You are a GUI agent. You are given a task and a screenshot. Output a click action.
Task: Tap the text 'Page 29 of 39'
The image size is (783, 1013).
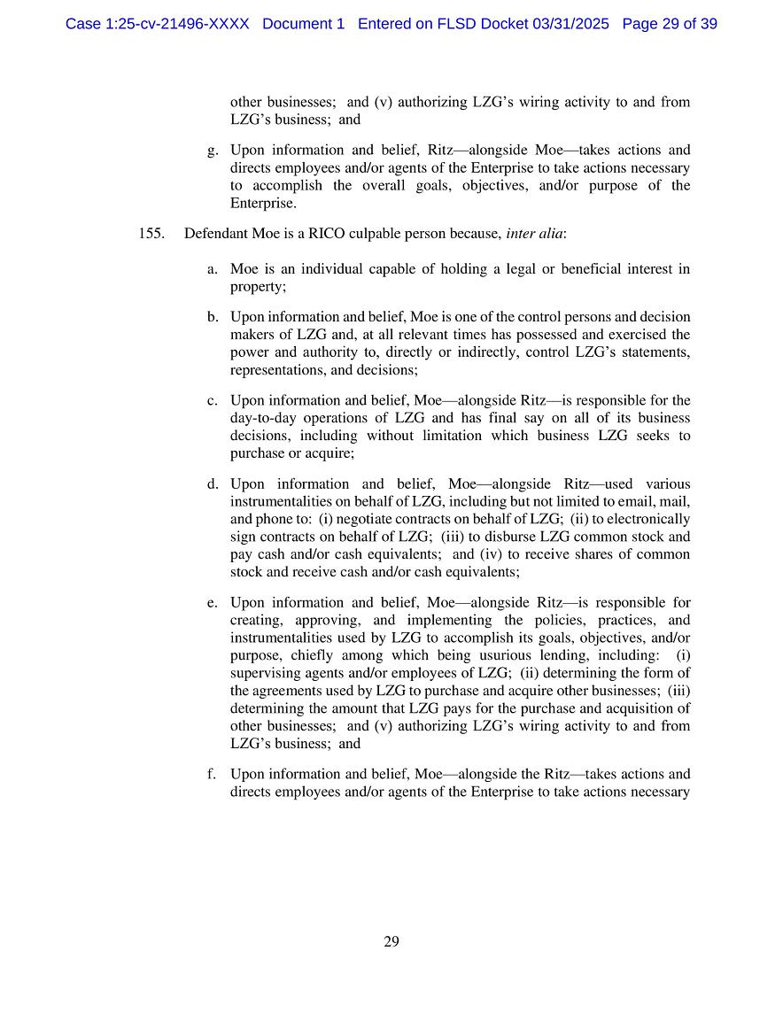click(670, 24)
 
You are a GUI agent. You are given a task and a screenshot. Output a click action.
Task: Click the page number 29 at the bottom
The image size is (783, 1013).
click(391, 941)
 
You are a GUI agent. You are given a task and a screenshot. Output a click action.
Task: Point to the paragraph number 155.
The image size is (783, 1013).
click(151, 234)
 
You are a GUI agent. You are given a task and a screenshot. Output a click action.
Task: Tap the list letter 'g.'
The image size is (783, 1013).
click(213, 151)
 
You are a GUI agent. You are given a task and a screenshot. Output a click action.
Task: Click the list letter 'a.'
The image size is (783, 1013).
click(213, 269)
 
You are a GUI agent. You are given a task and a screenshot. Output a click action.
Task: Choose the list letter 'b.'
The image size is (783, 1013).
click(213, 317)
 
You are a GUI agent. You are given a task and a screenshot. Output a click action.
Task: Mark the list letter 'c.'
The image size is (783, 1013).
click(213, 400)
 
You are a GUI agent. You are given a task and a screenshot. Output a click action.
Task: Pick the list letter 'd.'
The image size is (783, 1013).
click(213, 483)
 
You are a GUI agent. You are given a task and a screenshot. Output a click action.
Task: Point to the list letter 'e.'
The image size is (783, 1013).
click(213, 603)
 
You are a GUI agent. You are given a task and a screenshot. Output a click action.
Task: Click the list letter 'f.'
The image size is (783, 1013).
click(213, 774)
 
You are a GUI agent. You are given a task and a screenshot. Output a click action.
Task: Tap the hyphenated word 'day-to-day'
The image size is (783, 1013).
click(260, 418)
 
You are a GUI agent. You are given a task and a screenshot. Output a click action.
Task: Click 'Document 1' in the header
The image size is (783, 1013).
click(303, 24)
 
